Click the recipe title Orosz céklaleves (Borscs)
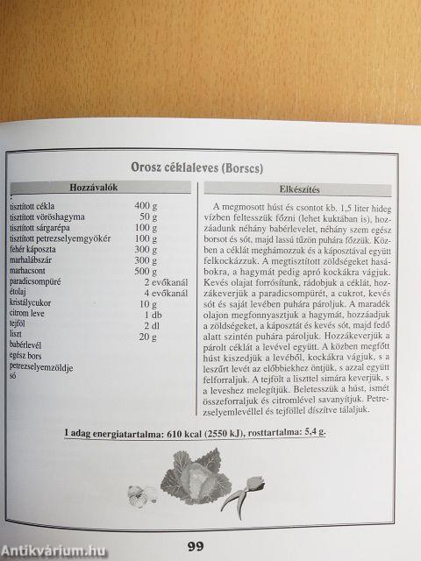pyautogui.click(x=208, y=167)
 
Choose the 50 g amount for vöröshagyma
pyautogui.click(x=147, y=217)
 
